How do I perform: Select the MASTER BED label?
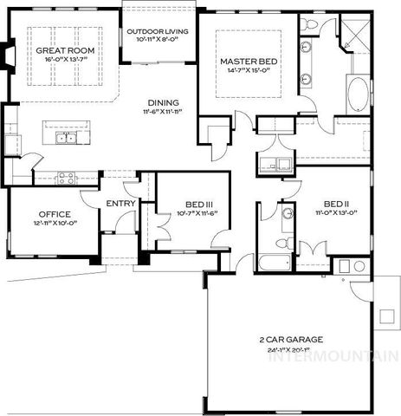coord(248,62)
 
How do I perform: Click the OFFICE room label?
coord(54,214)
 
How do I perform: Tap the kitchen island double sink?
coord(66,137)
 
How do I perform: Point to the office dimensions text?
coord(54,224)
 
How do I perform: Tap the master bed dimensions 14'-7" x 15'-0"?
coord(248,73)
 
